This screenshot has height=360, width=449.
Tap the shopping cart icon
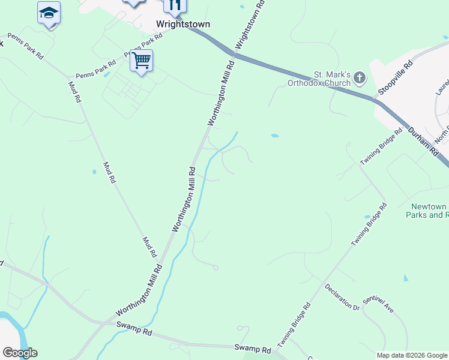(x=141, y=61)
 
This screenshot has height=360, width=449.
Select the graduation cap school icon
(x=49, y=13)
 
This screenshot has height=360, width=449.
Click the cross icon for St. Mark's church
(x=360, y=77)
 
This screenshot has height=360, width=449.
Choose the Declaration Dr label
(x=342, y=296)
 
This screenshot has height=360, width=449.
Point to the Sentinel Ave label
(x=378, y=305)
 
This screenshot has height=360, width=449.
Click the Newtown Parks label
(x=427, y=210)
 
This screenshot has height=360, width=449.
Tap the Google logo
(x=20, y=353)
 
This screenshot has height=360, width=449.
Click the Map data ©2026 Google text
(x=412, y=355)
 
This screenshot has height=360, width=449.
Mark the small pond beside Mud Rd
(x=94, y=172)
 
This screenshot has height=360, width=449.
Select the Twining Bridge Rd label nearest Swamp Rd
(x=294, y=325)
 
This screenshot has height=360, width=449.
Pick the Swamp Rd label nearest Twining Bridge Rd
(x=249, y=347)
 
